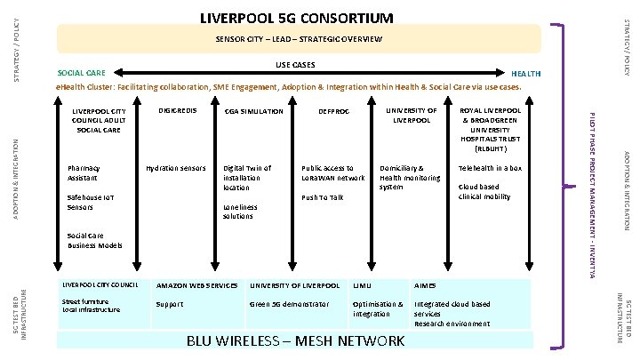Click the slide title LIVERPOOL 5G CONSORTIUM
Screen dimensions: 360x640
(296, 18)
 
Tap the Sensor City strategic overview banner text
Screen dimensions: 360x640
(299, 40)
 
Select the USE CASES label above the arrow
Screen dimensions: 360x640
(295, 64)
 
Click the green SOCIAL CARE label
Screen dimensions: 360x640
(82, 73)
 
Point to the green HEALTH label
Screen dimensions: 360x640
(524, 73)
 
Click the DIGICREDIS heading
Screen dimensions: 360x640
(176, 111)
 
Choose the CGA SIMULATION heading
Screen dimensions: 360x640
(253, 111)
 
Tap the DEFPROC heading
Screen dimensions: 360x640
(333, 111)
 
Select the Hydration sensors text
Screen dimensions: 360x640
(176, 168)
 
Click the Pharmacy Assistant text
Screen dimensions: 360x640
(84, 172)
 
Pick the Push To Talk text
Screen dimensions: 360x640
(323, 197)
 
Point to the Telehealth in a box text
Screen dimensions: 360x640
(490, 168)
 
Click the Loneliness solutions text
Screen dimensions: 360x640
(240, 212)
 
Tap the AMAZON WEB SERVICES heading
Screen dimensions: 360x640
(196, 285)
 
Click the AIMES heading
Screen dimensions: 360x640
(426, 285)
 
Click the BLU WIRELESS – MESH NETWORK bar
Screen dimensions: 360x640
(295, 341)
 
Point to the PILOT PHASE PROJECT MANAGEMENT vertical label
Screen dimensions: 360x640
(594, 191)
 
